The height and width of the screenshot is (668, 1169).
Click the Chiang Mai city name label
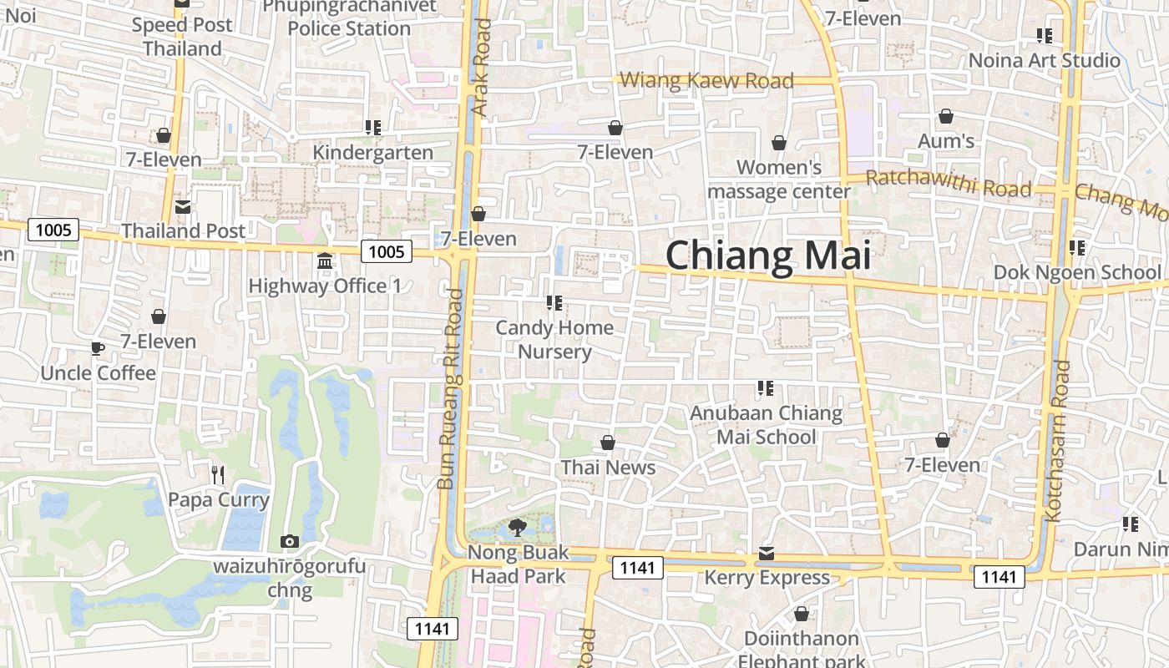pos(768,255)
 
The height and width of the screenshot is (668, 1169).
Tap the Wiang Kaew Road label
pos(707,81)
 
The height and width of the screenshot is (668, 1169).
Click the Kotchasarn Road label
pos(1058,440)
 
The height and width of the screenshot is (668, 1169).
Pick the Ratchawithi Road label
pos(948,183)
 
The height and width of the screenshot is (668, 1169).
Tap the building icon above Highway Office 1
pos(325,261)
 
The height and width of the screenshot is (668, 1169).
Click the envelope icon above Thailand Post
pos(183,206)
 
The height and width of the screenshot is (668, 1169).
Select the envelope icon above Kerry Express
pos(767,554)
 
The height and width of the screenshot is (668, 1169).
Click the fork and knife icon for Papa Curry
pos(218,475)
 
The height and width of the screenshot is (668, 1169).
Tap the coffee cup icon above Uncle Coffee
pos(98,348)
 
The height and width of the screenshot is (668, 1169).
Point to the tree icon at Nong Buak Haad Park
pos(517,527)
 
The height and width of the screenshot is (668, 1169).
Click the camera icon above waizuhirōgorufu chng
pos(289,542)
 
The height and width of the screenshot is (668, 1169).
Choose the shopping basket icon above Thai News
pos(608,443)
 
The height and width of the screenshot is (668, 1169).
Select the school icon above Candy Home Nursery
pos(554,303)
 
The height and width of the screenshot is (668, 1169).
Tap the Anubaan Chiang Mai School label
pos(766,425)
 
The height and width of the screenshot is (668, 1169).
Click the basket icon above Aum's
pos(946,116)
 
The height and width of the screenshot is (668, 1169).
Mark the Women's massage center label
pos(779,180)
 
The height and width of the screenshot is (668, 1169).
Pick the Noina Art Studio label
pos(1044,60)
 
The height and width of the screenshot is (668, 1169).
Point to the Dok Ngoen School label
pos(1076,272)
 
